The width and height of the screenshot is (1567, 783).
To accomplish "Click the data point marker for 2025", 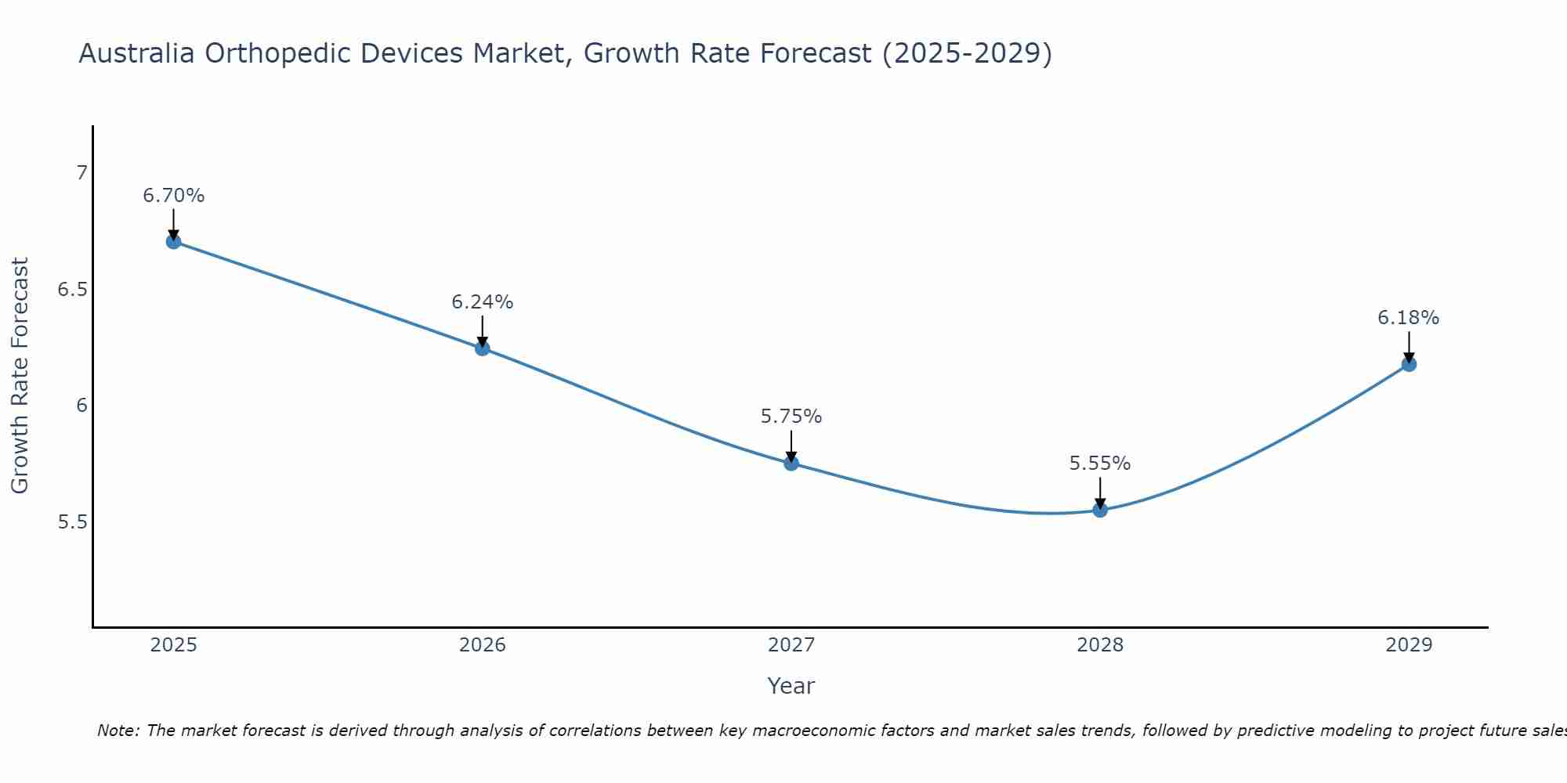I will [174, 241].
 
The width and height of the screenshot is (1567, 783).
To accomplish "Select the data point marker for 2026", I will [483, 348].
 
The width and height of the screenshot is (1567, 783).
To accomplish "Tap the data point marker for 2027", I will [791, 464].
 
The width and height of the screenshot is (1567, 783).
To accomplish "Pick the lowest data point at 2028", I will [1100, 511].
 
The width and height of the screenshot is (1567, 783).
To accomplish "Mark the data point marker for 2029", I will [1409, 364].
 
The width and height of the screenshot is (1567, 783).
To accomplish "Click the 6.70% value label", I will [174, 196].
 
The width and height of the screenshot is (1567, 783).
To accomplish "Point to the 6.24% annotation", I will [483, 302].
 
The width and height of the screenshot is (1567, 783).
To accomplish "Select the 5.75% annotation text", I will [791, 417].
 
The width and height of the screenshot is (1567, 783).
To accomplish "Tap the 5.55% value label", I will [1100, 464].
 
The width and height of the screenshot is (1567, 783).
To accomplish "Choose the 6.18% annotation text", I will [1409, 318].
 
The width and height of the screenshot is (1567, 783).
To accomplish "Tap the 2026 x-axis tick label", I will [483, 645].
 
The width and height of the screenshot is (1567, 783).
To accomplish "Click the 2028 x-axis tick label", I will [1100, 645].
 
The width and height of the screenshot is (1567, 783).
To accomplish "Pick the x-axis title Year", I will [791, 686].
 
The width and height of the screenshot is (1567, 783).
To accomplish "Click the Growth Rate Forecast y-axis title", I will [20, 376].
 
